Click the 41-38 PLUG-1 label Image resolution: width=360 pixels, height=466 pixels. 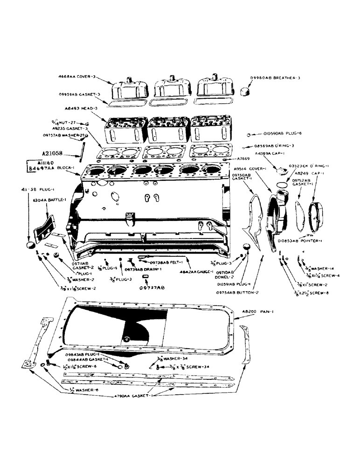pyautogui.click(x=30, y=190)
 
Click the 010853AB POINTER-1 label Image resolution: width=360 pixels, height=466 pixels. pyautogui.click(x=301, y=241)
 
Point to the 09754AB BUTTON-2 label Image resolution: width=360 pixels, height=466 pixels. pyautogui.click(x=236, y=292)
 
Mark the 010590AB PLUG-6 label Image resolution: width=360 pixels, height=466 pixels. pyautogui.click(x=278, y=133)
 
